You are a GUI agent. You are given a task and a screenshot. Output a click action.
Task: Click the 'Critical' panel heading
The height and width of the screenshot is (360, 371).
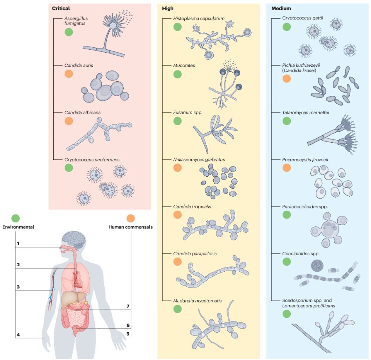pyautogui.click(x=61, y=8)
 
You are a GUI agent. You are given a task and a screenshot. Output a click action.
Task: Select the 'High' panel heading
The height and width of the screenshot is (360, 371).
pyautogui.click(x=167, y=8)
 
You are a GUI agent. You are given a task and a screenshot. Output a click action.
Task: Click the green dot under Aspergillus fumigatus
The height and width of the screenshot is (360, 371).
pyautogui.click(x=69, y=32)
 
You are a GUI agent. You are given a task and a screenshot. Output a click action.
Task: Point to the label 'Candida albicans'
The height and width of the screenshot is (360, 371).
pyautogui.click(x=82, y=113)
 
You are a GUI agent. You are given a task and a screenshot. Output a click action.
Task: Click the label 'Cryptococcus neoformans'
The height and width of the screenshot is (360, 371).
pyautogui.click(x=92, y=159)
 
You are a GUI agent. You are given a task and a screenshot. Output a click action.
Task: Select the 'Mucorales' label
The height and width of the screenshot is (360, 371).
pyautogui.click(x=184, y=66)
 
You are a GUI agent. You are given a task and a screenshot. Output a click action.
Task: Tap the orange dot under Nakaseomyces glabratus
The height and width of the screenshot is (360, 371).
pyautogui.click(x=177, y=168)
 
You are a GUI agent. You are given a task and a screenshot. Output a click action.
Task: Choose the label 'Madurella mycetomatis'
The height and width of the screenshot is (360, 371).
pyautogui.click(x=197, y=301)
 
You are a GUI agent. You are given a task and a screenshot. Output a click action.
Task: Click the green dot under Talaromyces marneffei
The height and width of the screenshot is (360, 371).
pyautogui.click(x=286, y=121)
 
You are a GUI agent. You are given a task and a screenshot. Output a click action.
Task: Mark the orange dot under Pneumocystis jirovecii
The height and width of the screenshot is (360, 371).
pyautogui.click(x=286, y=168)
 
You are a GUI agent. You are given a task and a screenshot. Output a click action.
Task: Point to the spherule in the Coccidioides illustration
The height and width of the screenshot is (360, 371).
pyautogui.click(x=317, y=266)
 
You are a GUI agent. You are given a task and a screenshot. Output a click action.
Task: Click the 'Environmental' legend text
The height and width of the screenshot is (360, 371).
pyautogui.click(x=18, y=227)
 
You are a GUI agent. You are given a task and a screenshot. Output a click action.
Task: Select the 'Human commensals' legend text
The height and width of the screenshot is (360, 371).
pyautogui.click(x=130, y=227)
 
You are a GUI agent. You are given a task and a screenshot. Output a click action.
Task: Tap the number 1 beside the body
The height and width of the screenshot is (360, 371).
pyautogui.click(x=18, y=244)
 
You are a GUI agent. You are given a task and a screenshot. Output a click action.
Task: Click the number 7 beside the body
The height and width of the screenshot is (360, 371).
pyautogui.click(x=128, y=306)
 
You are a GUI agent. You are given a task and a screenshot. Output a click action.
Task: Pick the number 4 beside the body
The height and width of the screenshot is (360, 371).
pyautogui.click(x=18, y=334)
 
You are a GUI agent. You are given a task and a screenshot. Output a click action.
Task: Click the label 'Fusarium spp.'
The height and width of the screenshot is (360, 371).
pyautogui.click(x=187, y=113)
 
